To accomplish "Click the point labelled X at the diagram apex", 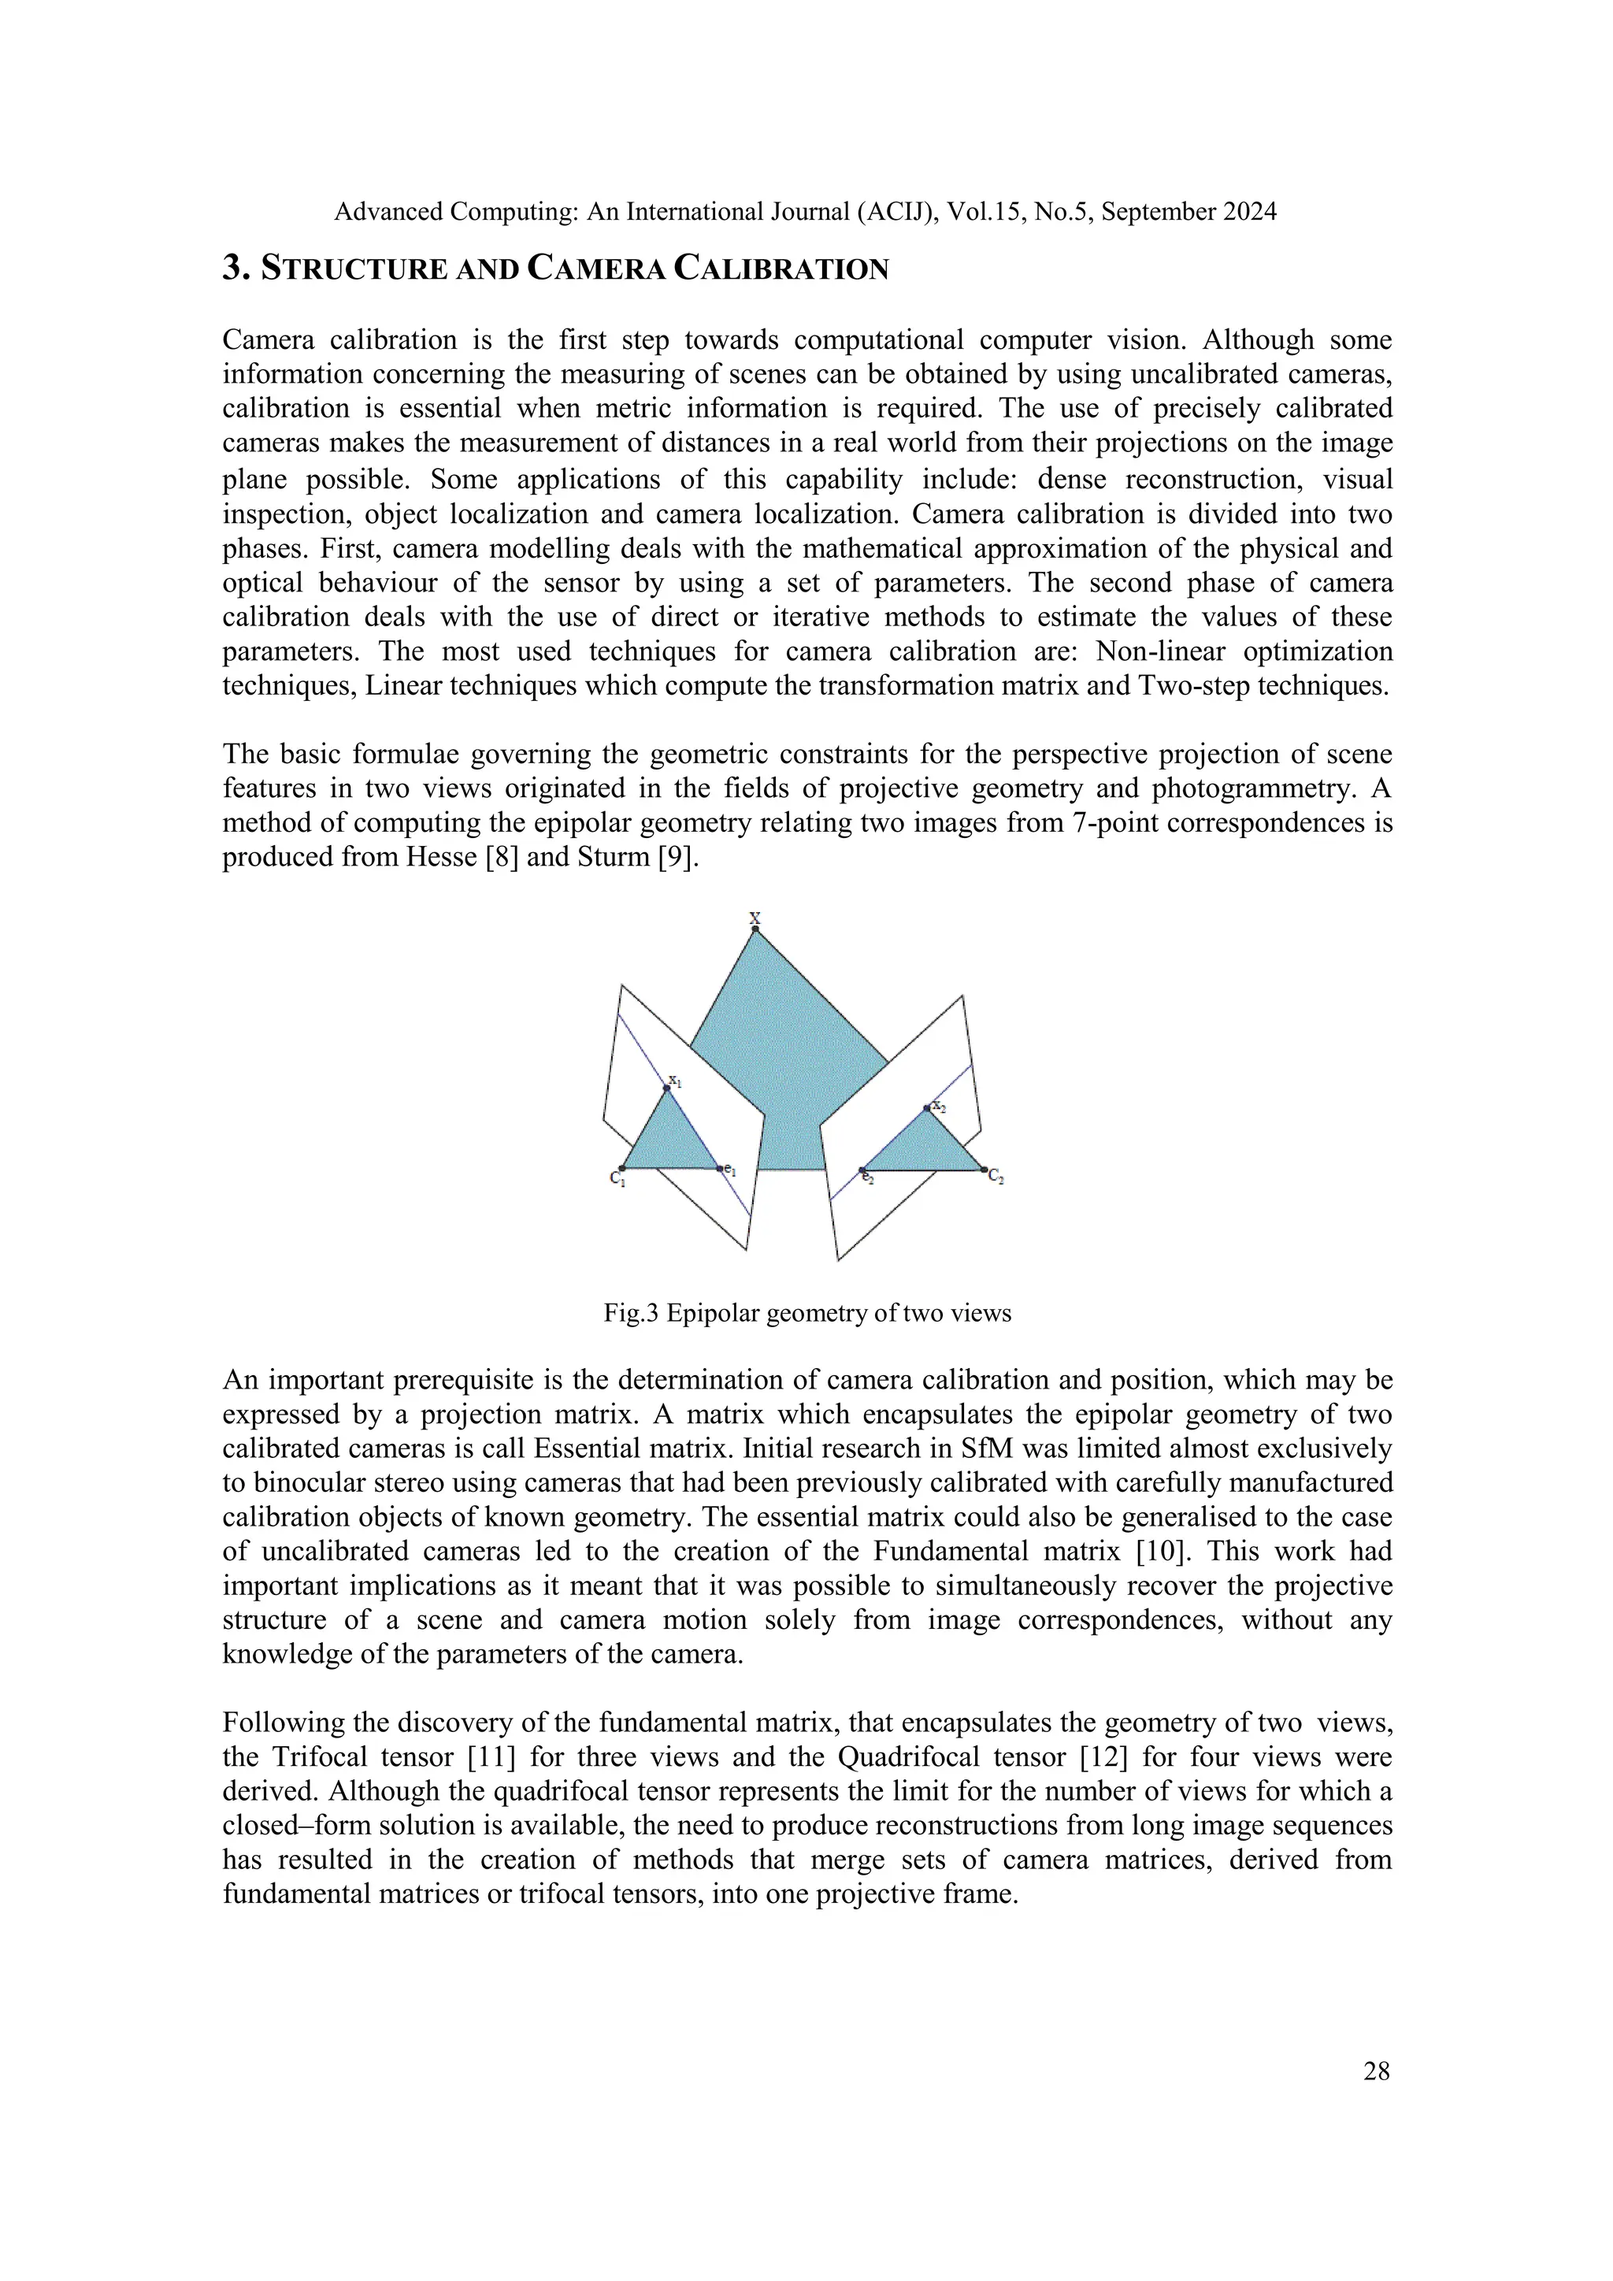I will pyautogui.click(x=755, y=929).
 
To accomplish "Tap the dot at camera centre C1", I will pyautogui.click(x=623, y=1168).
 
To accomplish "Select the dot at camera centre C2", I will pyautogui.click(x=983, y=1170).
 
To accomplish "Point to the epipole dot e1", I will pyautogui.click(x=720, y=1168).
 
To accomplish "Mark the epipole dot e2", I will pyautogui.click(x=862, y=1170).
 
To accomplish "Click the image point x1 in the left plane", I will pyautogui.click(x=666, y=1089).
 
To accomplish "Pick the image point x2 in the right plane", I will pyautogui.click(x=927, y=1107).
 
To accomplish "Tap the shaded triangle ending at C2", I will pyautogui.click(x=924, y=1148).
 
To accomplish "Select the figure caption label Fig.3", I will pyautogui.click(x=631, y=1313).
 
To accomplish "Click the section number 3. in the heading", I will pyautogui.click(x=235, y=269).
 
